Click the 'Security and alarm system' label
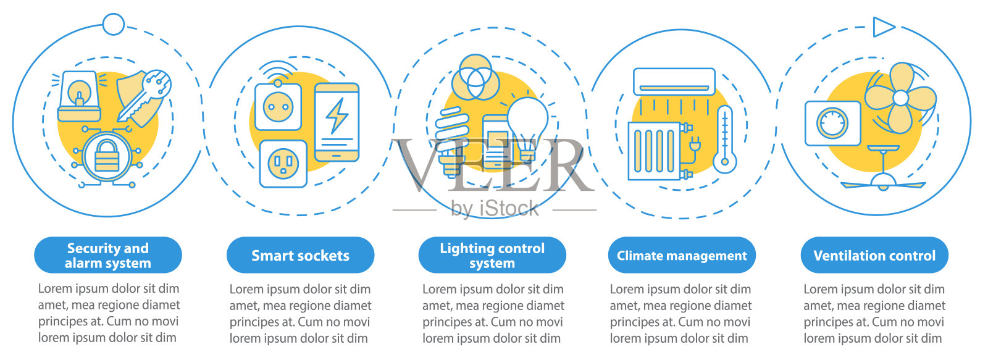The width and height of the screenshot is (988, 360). click(107, 255)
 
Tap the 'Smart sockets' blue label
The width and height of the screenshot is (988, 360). click(300, 255)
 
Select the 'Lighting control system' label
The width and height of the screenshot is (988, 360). click(492, 255)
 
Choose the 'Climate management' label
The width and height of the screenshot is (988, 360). click(682, 255)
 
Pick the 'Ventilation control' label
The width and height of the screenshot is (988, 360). click(874, 255)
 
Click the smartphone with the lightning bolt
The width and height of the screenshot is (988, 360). click(337, 122)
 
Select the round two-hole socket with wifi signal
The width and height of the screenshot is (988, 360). click(278, 107)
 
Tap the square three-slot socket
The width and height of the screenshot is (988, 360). click(283, 164)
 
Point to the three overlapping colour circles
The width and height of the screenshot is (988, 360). click(475, 77)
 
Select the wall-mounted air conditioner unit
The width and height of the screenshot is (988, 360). click(674, 81)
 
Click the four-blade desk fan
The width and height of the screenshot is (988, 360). click(900, 98)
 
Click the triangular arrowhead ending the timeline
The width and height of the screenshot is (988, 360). click(883, 27)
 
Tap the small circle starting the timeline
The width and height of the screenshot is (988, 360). click(113, 24)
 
